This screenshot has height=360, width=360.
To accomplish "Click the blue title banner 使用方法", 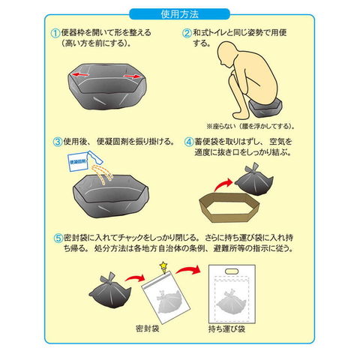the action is pyautogui.click(x=179, y=14).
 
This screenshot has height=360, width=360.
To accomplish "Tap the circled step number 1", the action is pyautogui.click(x=55, y=34).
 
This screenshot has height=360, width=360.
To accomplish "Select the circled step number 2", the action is pyautogui.click(x=187, y=34).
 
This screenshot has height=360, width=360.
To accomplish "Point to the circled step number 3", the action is pyautogui.click(x=57, y=142).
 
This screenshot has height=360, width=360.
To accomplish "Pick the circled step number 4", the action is pyautogui.click(x=189, y=142).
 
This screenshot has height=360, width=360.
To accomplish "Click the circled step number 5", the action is pyautogui.click(x=58, y=238).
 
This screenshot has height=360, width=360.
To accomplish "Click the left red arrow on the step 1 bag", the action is pyautogui.click(x=79, y=74).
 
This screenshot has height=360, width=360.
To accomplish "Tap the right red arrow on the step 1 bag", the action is pyautogui.click(x=132, y=76).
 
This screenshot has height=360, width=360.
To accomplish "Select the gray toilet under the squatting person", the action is pyautogui.click(x=265, y=108).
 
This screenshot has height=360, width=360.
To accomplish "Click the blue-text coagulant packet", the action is pyautogui.click(x=78, y=162).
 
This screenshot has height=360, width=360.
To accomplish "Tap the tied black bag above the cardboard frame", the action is pyautogui.click(x=253, y=180).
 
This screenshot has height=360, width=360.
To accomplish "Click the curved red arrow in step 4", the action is pyautogui.click(x=224, y=184).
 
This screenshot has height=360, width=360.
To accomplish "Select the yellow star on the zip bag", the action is pyautogui.click(x=163, y=265).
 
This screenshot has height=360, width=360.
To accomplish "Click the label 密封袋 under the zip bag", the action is pyautogui.click(x=148, y=328).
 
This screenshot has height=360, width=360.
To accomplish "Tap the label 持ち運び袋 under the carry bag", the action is pyautogui.click(x=227, y=328).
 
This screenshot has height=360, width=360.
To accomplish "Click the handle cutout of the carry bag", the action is pyautogui.click(x=232, y=271).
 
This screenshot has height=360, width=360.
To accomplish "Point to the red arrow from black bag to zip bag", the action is pyautogui.click(x=135, y=277).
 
